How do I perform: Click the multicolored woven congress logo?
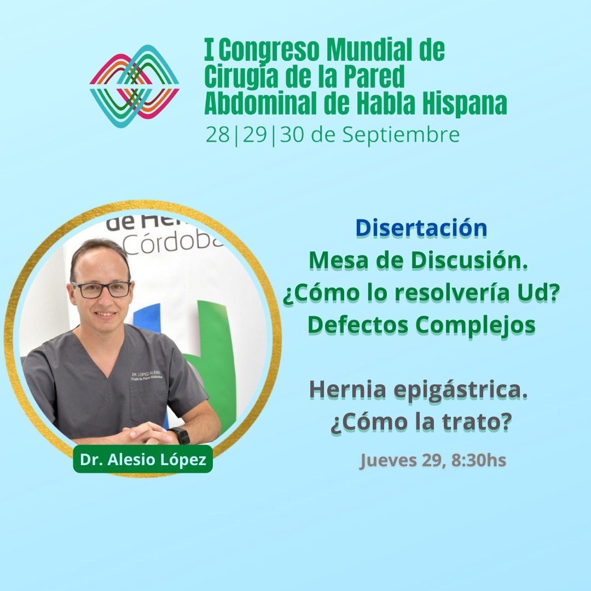[134, 86]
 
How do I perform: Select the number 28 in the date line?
[218, 135]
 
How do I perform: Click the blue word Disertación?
[421, 228]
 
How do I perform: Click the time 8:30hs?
[479, 460]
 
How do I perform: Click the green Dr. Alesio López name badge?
[143, 459]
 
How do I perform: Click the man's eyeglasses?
[101, 289]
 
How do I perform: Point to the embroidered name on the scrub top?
[147, 375]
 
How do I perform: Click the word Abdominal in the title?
[260, 103]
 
